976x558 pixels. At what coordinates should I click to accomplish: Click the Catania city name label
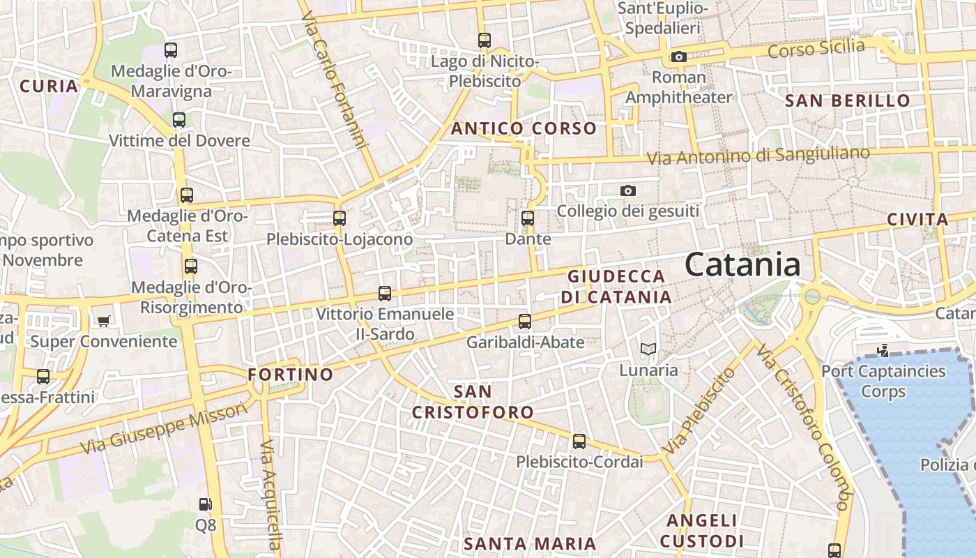[742, 265]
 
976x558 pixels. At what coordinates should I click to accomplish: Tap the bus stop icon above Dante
[528, 218]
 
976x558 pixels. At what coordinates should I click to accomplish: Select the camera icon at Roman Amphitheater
[678, 56]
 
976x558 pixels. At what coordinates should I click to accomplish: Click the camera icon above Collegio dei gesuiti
[628, 190]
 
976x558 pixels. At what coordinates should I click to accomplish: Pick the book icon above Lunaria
[648, 349]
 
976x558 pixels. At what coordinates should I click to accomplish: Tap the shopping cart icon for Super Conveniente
[104, 321]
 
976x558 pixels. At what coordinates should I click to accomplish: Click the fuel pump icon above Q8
[205, 504]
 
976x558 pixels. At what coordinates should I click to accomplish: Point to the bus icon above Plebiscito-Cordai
[579, 441]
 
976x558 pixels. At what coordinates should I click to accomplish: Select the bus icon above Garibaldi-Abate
[525, 322]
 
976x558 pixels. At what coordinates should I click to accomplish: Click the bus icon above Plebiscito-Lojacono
[340, 218]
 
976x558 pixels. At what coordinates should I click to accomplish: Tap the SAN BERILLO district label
[848, 100]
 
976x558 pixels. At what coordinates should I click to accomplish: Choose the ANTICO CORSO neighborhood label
[524, 128]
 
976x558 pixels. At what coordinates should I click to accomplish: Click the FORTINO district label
[291, 375]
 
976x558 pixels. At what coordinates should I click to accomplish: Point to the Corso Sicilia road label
[816, 50]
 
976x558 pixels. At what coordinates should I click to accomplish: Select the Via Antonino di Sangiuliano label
[758, 156]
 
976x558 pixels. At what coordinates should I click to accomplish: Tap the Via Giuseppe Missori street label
[164, 428]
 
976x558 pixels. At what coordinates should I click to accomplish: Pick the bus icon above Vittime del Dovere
[179, 120]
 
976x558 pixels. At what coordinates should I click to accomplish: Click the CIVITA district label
[917, 220]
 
